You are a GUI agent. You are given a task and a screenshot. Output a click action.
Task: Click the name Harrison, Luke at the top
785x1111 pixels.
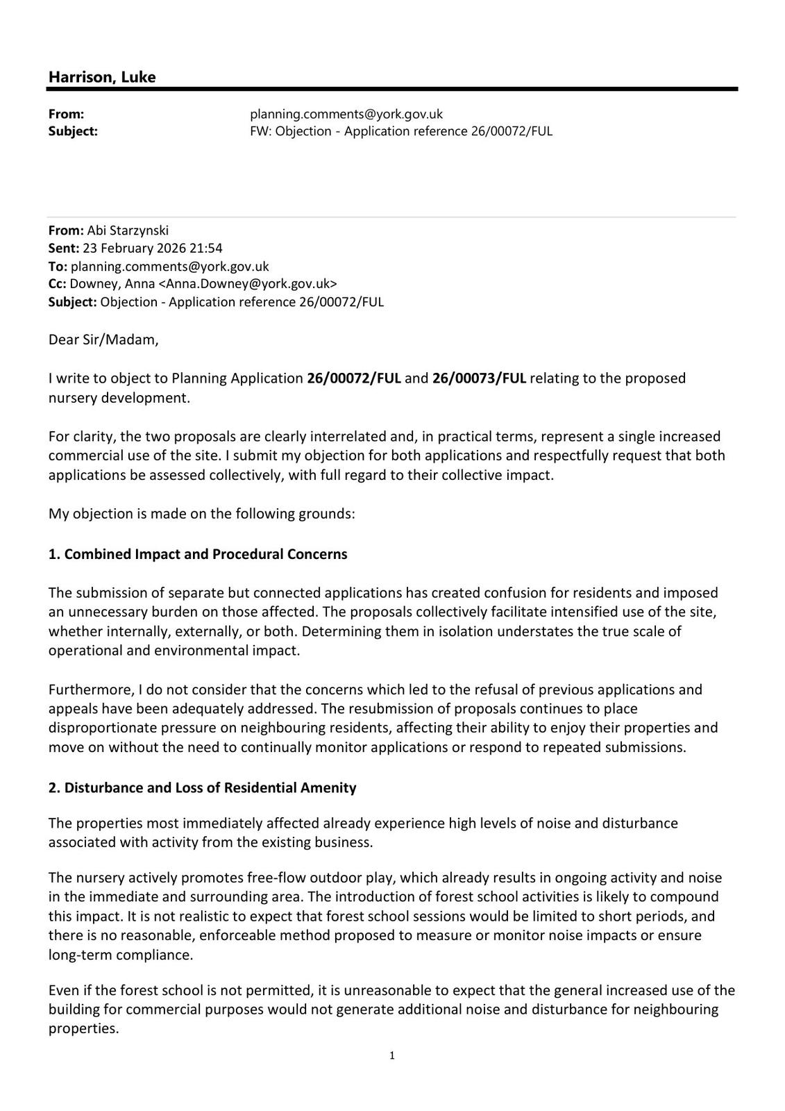pos(102,77)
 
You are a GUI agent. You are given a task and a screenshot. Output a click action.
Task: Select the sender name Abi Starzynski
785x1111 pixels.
pos(128,231)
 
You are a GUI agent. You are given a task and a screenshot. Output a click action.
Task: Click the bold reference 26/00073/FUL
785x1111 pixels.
pos(479,378)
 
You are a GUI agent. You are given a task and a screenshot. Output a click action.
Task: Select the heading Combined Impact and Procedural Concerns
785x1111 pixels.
pos(205,554)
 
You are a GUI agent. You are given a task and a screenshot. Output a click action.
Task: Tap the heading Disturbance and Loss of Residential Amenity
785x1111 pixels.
pos(210,787)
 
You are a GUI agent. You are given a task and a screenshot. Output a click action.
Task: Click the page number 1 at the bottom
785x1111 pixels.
pos(392,1056)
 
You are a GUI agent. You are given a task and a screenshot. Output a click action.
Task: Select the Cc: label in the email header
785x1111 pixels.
pos(57,284)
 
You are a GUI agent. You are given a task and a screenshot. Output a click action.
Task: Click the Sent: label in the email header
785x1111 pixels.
pos(63,249)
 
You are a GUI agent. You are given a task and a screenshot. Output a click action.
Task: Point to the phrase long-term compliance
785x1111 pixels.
pos(119,955)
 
